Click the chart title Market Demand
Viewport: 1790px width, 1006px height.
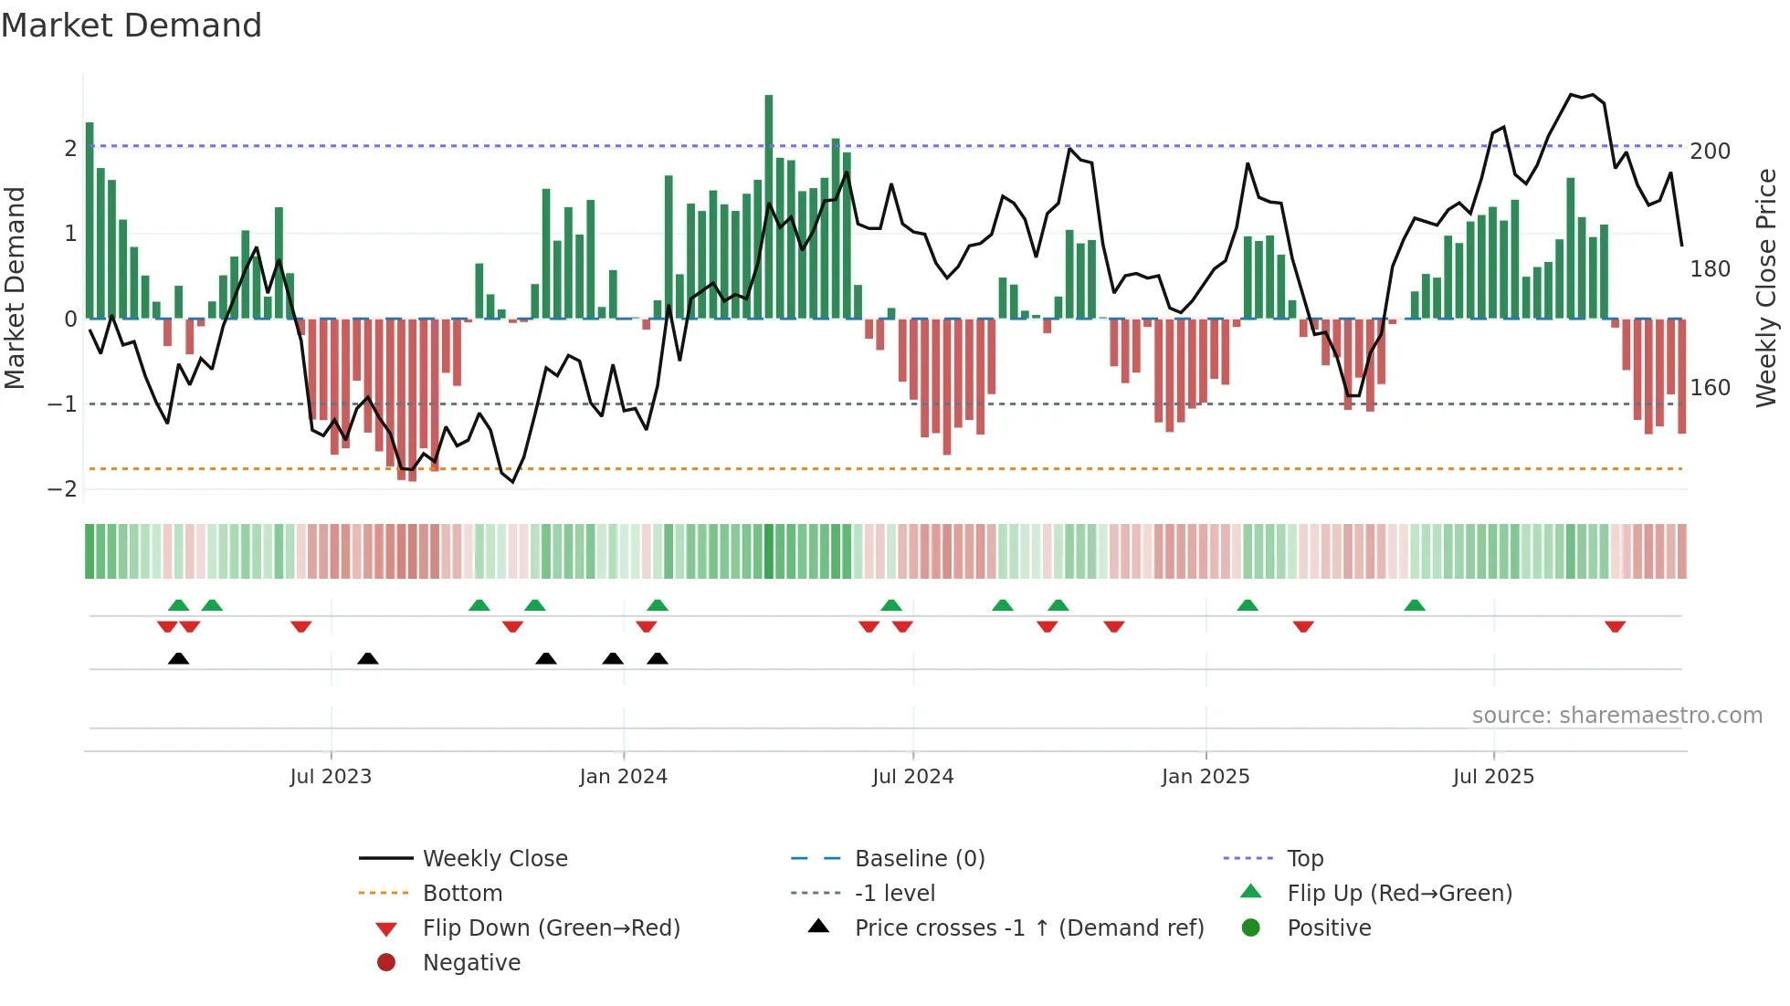point(132,26)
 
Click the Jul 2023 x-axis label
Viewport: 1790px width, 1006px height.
point(331,777)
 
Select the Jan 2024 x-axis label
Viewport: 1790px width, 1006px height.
point(623,777)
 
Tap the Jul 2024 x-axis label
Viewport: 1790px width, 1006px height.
point(912,777)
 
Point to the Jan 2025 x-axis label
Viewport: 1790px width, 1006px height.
point(1206,777)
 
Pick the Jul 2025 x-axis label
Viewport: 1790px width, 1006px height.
point(1493,777)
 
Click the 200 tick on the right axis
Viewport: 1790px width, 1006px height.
point(1710,152)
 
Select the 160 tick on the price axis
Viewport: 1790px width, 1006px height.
point(1710,388)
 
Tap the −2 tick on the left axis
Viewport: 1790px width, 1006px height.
point(62,489)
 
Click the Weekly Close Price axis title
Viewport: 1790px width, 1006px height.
point(1766,288)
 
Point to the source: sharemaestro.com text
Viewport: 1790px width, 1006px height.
point(1616,716)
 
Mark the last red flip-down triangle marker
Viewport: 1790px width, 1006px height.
point(1615,626)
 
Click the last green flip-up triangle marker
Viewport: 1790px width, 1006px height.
point(1414,605)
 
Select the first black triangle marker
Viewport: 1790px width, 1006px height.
point(179,658)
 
